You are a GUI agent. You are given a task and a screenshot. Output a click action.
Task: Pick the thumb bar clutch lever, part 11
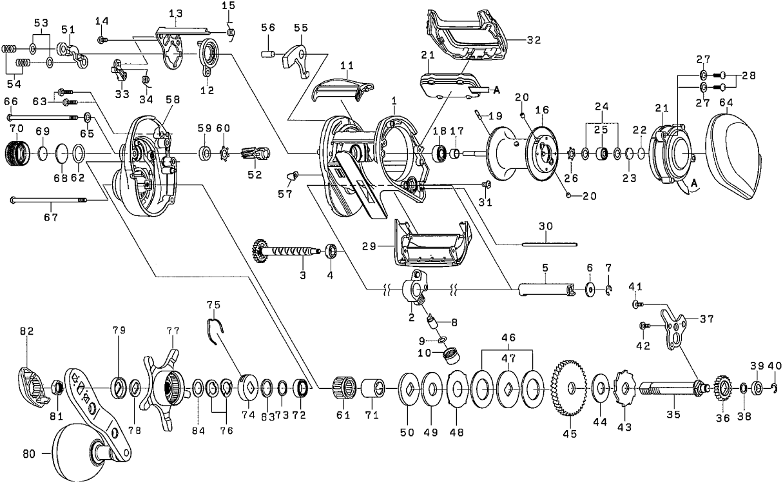point(342,87)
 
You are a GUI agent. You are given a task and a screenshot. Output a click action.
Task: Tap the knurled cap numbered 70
point(19,154)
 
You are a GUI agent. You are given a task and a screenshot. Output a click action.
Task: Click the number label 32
point(532,40)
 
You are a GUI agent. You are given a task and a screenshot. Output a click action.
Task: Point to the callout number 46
point(508,337)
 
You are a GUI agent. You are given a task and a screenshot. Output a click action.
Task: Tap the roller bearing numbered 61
point(343,389)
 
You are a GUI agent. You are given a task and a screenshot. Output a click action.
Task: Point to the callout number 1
point(394,102)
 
